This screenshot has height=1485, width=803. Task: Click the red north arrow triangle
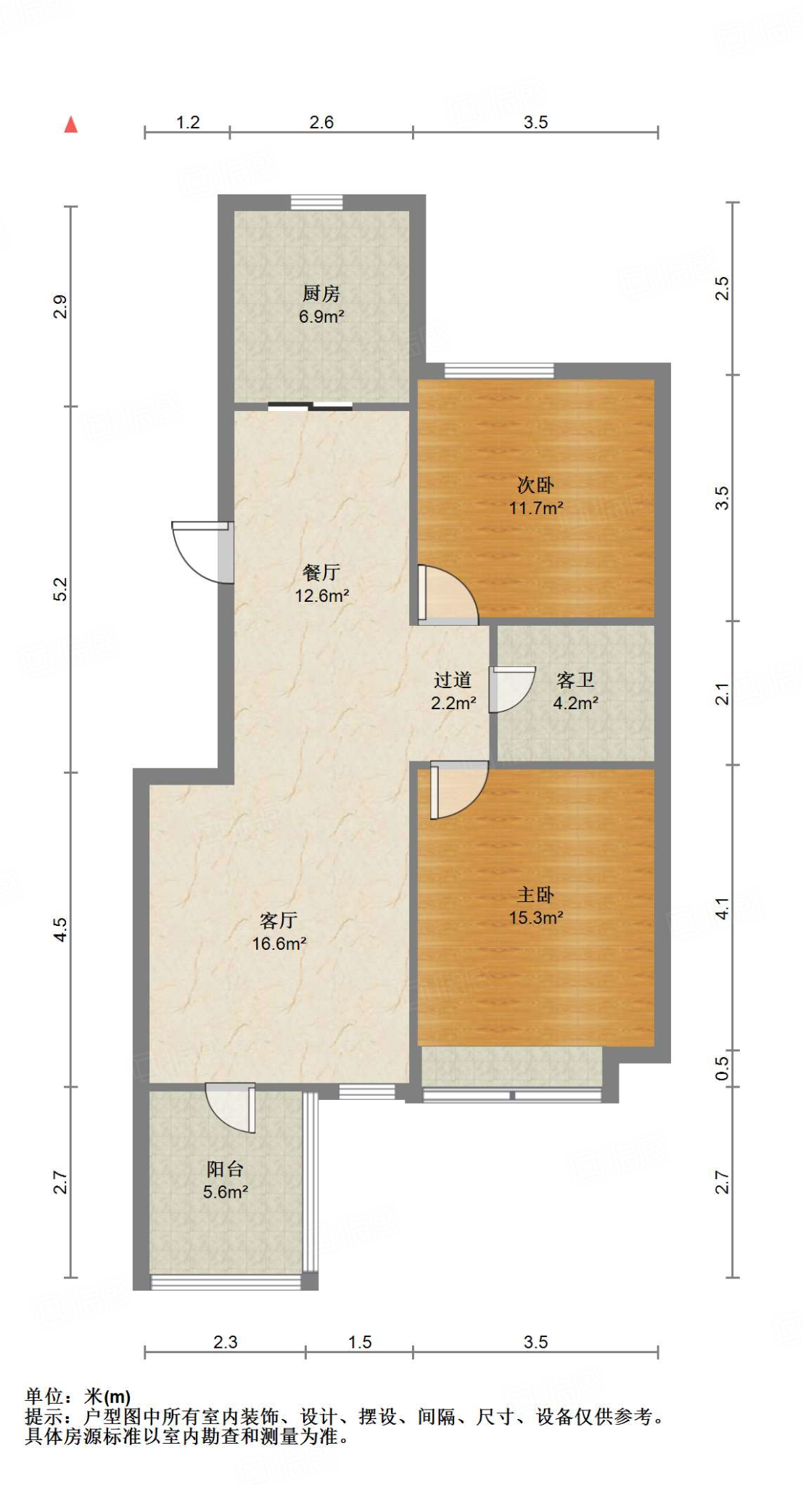[70, 125]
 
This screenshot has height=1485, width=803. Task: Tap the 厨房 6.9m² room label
[321, 305]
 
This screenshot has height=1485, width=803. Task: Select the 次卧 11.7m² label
[536, 496]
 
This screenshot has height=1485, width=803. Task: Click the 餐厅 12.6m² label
[321, 584]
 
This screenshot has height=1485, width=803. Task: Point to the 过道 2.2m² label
[453, 691]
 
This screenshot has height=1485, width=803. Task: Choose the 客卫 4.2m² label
[575, 691]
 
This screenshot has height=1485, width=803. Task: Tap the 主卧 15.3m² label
[536, 906]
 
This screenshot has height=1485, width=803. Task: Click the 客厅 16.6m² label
[279, 932]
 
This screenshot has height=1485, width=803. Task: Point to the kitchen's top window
[317, 202]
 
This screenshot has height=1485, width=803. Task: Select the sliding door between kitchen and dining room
[310, 407]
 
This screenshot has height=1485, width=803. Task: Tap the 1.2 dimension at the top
[188, 123]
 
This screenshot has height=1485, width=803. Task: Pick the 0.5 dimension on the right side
[722, 1068]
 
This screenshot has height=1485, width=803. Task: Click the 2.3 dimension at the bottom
[225, 1342]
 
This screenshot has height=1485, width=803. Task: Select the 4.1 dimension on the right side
[722, 908]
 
